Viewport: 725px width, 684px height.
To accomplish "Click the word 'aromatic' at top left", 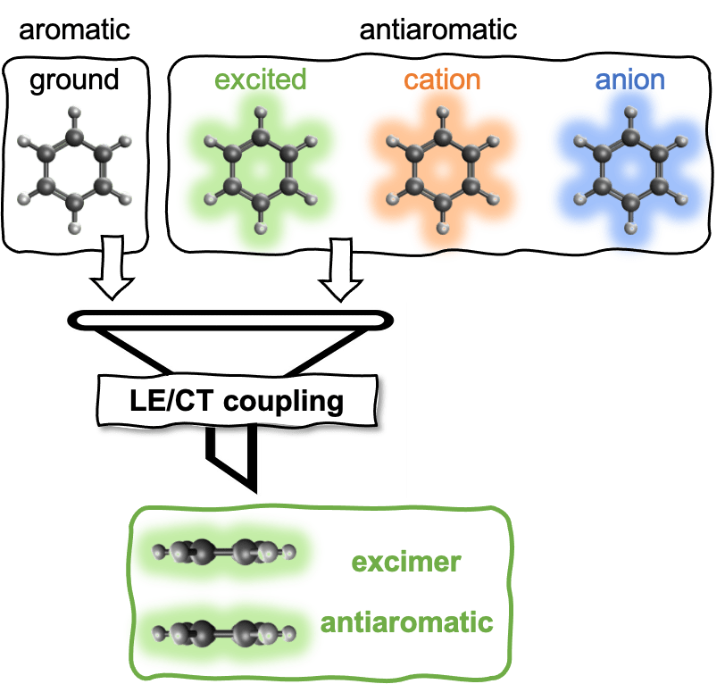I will click(74, 29).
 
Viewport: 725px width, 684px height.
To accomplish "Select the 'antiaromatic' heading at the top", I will click(437, 29).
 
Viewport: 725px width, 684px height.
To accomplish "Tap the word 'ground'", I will click(74, 80).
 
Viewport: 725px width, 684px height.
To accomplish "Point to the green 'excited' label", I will click(261, 79).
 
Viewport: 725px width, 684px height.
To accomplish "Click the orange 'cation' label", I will click(442, 79).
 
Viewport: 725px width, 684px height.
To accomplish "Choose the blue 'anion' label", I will click(629, 79).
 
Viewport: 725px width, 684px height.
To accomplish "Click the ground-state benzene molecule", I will click(75, 169).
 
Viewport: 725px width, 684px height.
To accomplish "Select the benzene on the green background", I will click(261, 169).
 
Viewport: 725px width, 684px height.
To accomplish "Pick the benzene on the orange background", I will click(443, 169).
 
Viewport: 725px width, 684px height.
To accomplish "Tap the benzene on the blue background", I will click(631, 169).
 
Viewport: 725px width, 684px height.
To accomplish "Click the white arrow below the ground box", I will click(112, 269).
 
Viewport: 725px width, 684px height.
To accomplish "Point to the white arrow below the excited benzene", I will click(339, 269).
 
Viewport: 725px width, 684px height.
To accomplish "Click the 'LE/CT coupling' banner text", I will click(236, 400).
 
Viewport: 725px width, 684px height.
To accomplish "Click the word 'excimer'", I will click(405, 562).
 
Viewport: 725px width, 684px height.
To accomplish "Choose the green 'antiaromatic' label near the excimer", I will click(407, 621).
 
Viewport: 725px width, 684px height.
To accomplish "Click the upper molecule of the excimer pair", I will click(223, 552).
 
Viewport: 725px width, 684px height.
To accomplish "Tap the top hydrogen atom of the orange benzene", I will click(443, 113).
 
